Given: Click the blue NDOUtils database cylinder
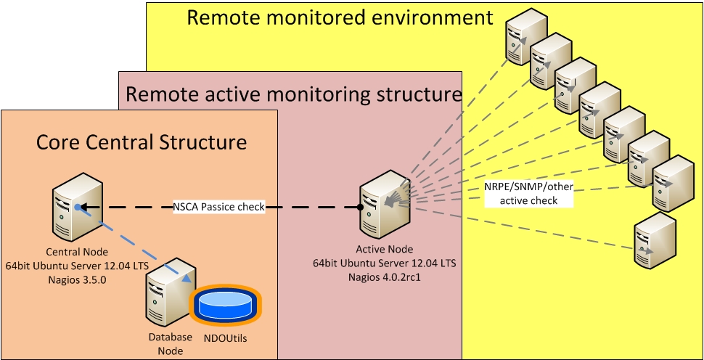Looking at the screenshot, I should tap(224, 306).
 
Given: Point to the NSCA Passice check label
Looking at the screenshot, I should tap(218, 207).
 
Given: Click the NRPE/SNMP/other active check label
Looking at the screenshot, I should tap(528, 193).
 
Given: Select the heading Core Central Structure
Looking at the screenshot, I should tap(142, 142).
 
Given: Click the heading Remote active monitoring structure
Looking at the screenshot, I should tap(293, 94).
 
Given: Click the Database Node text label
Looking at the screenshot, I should tap(171, 343).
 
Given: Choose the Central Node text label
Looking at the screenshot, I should tap(76, 252).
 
